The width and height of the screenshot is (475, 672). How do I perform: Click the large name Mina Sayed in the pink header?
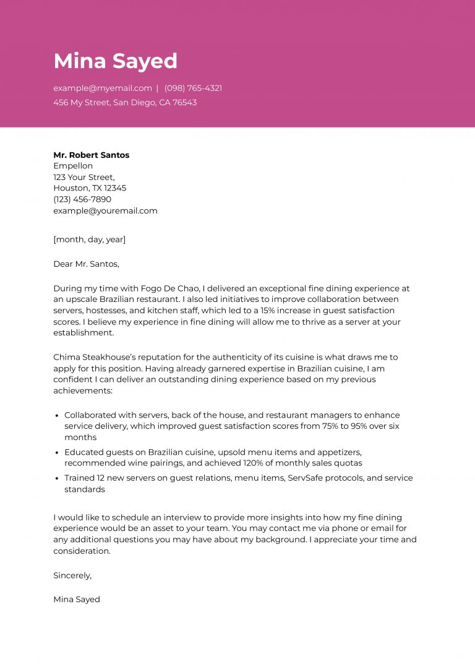pyautogui.click(x=115, y=61)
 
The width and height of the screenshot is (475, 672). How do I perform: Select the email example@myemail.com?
pyautogui.click(x=102, y=88)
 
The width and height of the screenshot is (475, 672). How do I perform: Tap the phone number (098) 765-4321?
pyautogui.click(x=193, y=88)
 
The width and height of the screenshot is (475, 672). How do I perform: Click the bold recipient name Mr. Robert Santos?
pyautogui.click(x=91, y=155)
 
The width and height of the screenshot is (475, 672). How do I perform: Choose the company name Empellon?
pyautogui.click(x=73, y=166)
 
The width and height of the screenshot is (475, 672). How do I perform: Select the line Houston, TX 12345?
pyautogui.click(x=90, y=188)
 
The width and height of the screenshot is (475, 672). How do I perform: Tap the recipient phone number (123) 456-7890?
pyautogui.click(x=82, y=199)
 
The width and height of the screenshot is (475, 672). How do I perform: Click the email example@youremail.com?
pyautogui.click(x=105, y=210)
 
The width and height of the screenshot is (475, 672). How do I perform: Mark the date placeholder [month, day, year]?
pyautogui.click(x=89, y=239)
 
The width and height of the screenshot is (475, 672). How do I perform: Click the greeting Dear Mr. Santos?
pyautogui.click(x=86, y=264)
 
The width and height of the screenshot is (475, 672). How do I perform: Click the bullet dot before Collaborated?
pyautogui.click(x=57, y=415)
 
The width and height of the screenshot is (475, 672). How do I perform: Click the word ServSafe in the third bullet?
pyautogui.click(x=307, y=478)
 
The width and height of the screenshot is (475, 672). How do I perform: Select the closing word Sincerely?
pyautogui.click(x=72, y=575)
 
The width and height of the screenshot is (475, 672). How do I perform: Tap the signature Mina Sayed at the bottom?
pyautogui.click(x=76, y=599)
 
